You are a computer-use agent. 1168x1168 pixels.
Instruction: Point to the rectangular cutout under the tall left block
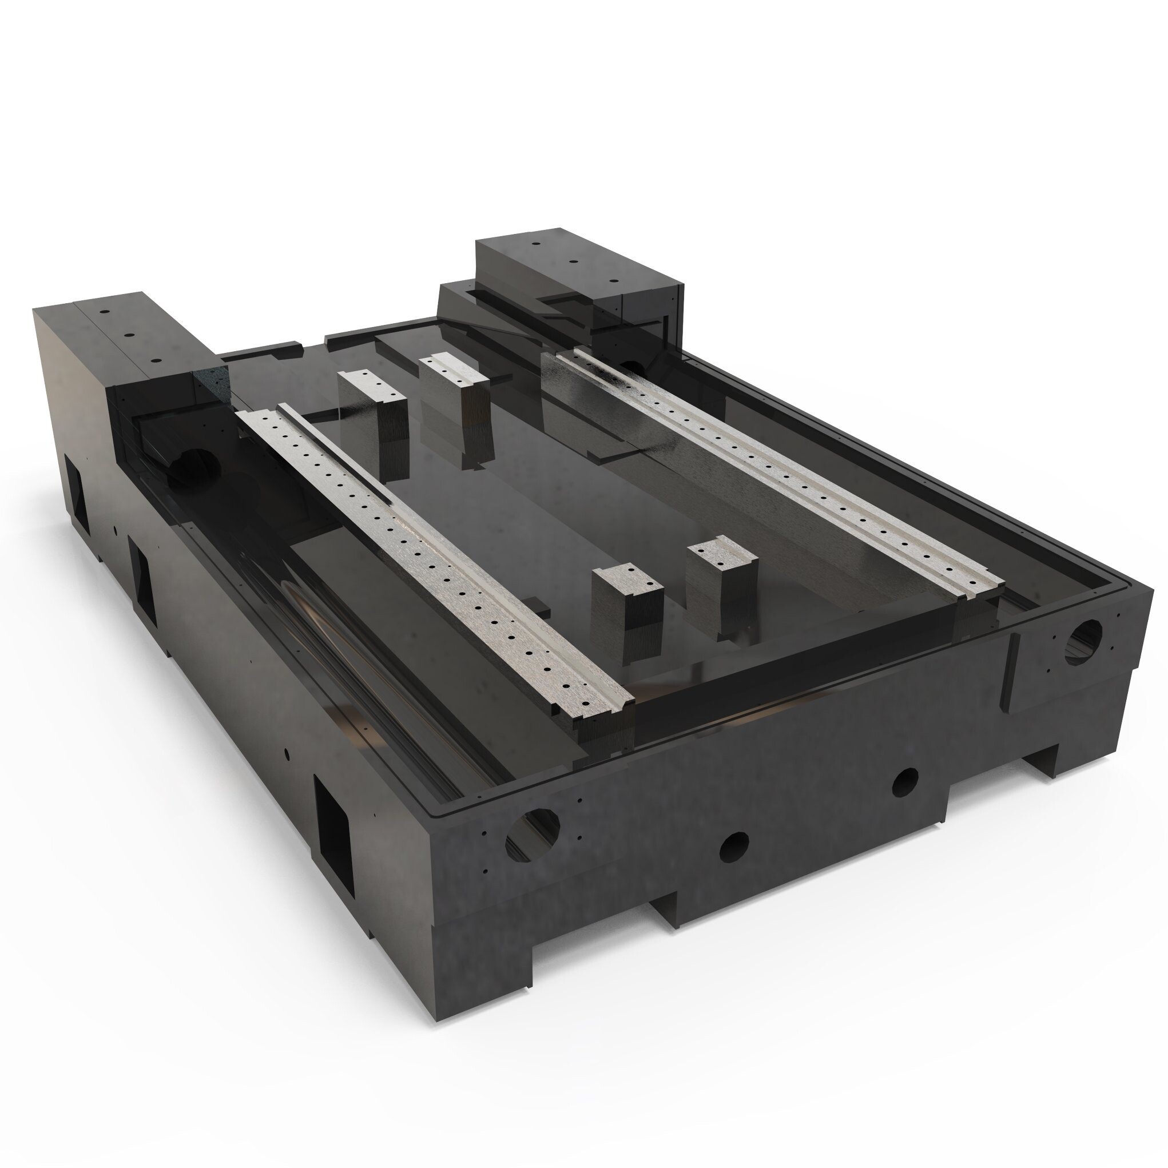pos(76,491)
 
